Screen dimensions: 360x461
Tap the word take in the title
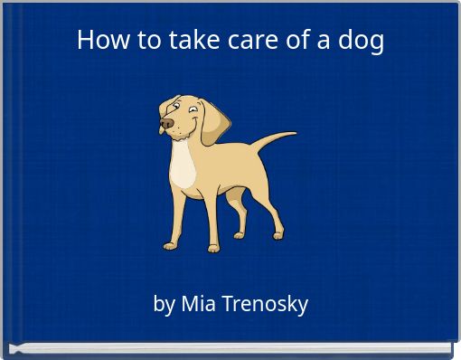(x=190, y=40)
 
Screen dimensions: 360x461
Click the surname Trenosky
(x=265, y=303)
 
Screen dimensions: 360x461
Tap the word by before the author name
(x=165, y=305)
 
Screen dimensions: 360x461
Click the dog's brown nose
(x=166, y=123)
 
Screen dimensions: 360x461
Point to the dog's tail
(x=271, y=140)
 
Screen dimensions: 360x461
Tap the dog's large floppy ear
(x=215, y=122)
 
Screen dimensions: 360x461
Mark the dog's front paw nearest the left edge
(x=170, y=244)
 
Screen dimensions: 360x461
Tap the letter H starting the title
(x=85, y=40)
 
